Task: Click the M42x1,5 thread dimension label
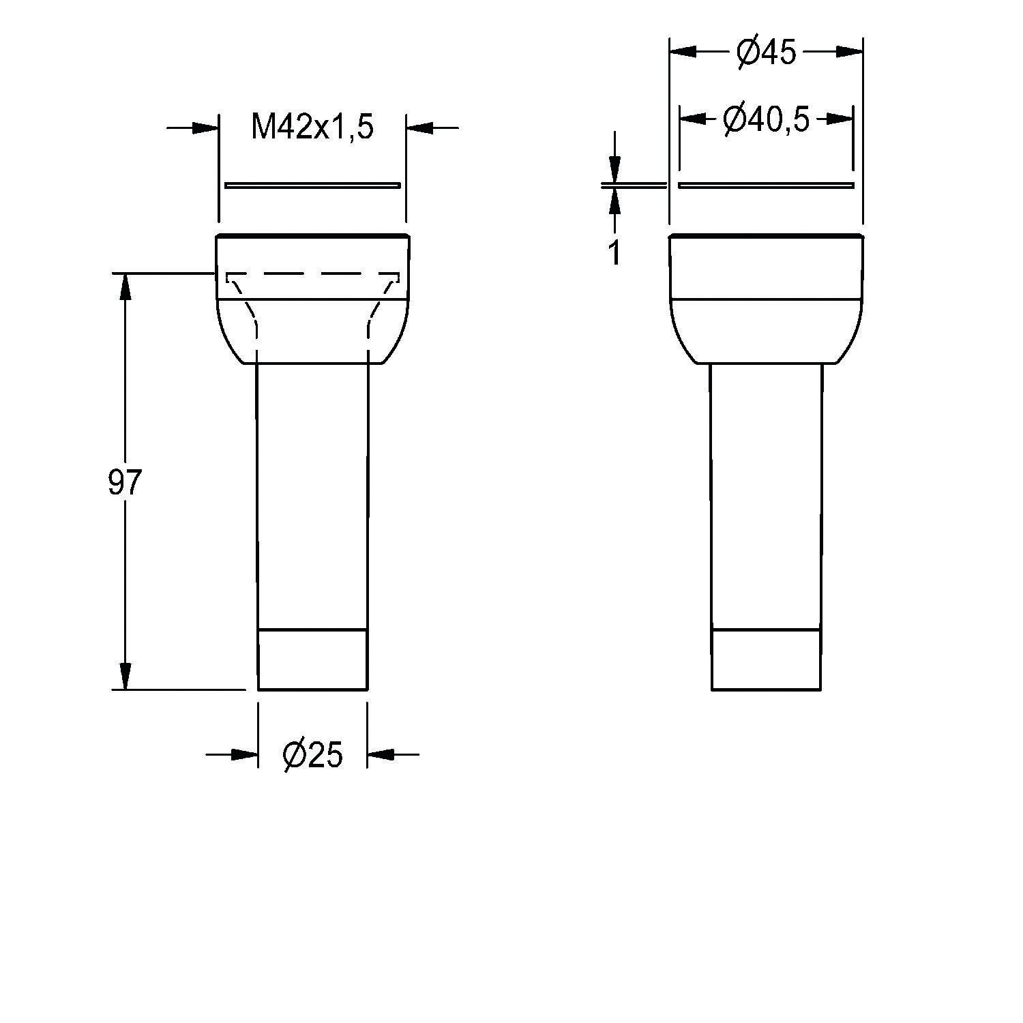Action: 312,127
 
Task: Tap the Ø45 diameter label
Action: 766,52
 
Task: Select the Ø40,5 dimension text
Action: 766,119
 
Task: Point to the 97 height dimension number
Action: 124,483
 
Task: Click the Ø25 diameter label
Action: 312,754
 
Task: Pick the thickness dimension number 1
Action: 614,252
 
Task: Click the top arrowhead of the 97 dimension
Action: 125,286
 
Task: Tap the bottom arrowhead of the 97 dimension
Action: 125,676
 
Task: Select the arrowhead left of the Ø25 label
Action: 245,754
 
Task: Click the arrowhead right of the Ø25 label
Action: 381,754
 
